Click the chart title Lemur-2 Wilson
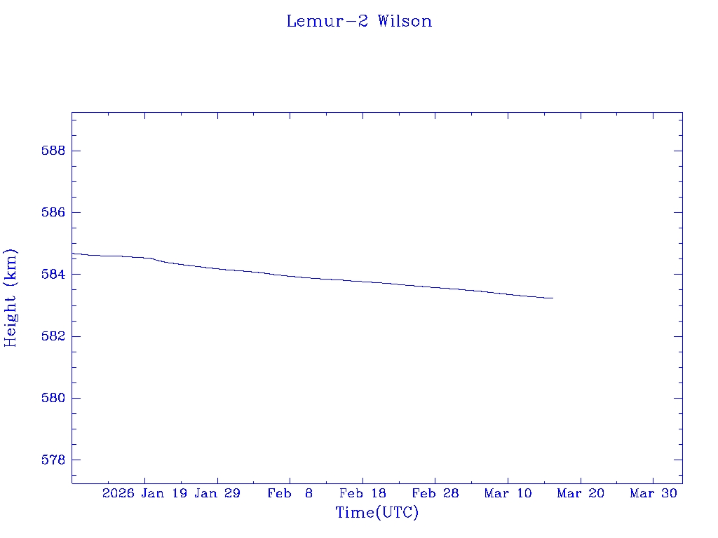tap(359, 21)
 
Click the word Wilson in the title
tap(405, 21)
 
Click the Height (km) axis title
tap(11, 297)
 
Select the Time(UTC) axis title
tap(377, 513)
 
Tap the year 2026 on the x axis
tap(118, 493)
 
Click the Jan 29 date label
tap(217, 493)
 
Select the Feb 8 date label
tap(290, 493)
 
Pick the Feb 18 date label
tap(363, 493)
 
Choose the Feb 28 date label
tap(435, 493)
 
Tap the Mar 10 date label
tap(508, 493)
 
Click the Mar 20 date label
tap(581, 493)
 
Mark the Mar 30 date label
tap(653, 493)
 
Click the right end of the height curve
tap(553, 298)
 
